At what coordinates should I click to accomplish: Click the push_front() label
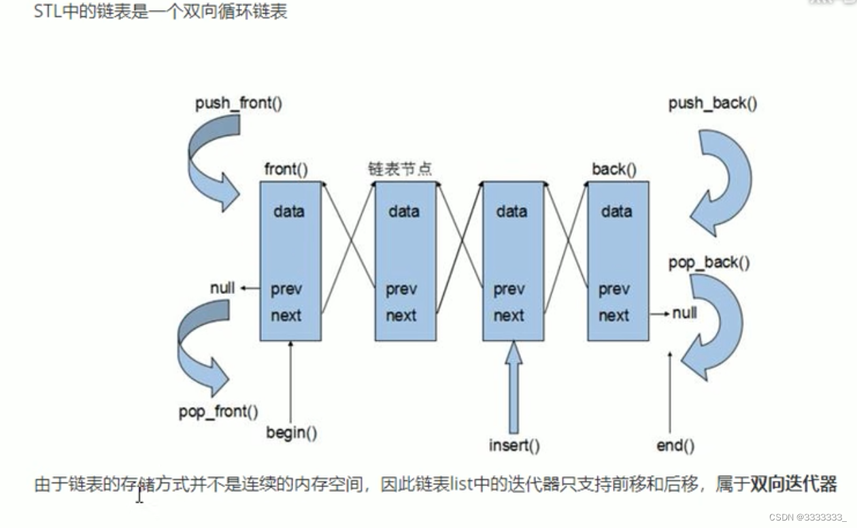[238, 104]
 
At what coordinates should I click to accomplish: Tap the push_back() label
[712, 104]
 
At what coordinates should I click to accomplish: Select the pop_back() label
[709, 263]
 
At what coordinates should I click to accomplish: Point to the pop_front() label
[218, 412]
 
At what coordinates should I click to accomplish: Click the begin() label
[291, 432]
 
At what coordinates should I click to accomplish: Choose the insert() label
[514, 446]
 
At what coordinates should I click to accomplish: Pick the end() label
[675, 446]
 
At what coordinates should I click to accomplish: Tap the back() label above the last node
[614, 169]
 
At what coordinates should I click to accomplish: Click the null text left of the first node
[222, 288]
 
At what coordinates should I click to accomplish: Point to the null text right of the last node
[684, 314]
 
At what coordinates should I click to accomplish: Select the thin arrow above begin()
[290, 381]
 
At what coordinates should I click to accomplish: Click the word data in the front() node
[289, 212]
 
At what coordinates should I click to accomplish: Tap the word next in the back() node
[614, 316]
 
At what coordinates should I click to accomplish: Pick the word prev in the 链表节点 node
[401, 290]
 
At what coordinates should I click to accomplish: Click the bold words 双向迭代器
[793, 484]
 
